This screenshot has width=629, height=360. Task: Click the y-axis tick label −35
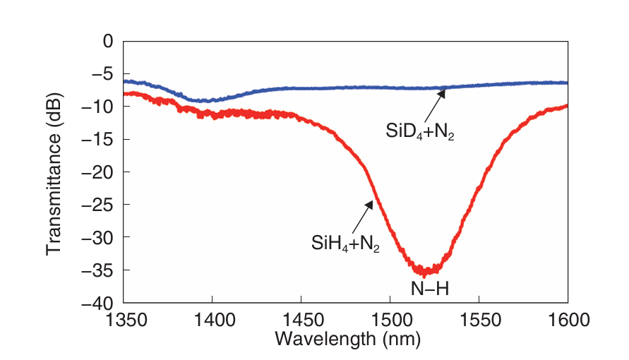point(98,270)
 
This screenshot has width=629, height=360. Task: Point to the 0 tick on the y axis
point(108,41)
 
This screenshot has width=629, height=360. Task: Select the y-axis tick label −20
point(98,172)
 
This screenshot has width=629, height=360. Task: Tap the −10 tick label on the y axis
point(98,106)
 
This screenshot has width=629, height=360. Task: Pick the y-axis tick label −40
point(98,302)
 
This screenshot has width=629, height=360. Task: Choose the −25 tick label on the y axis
point(98,204)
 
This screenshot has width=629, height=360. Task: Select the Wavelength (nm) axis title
point(347,340)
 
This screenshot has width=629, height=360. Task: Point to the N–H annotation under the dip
point(430,288)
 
